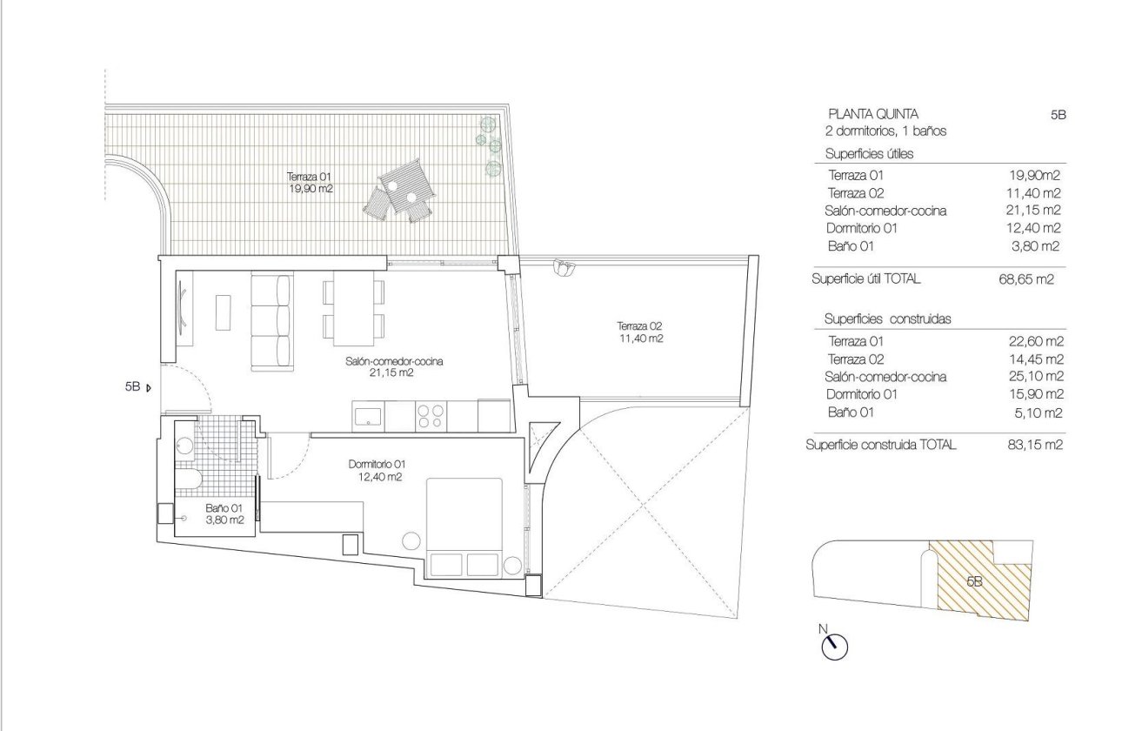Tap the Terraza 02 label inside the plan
[641, 332]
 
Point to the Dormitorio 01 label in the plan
[377, 470]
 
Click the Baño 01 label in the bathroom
[224, 513]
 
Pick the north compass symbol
[834, 645]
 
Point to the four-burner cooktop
[431, 415]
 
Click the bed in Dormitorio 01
[464, 526]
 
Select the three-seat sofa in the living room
[272, 319]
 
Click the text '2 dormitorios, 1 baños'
[885, 131]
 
